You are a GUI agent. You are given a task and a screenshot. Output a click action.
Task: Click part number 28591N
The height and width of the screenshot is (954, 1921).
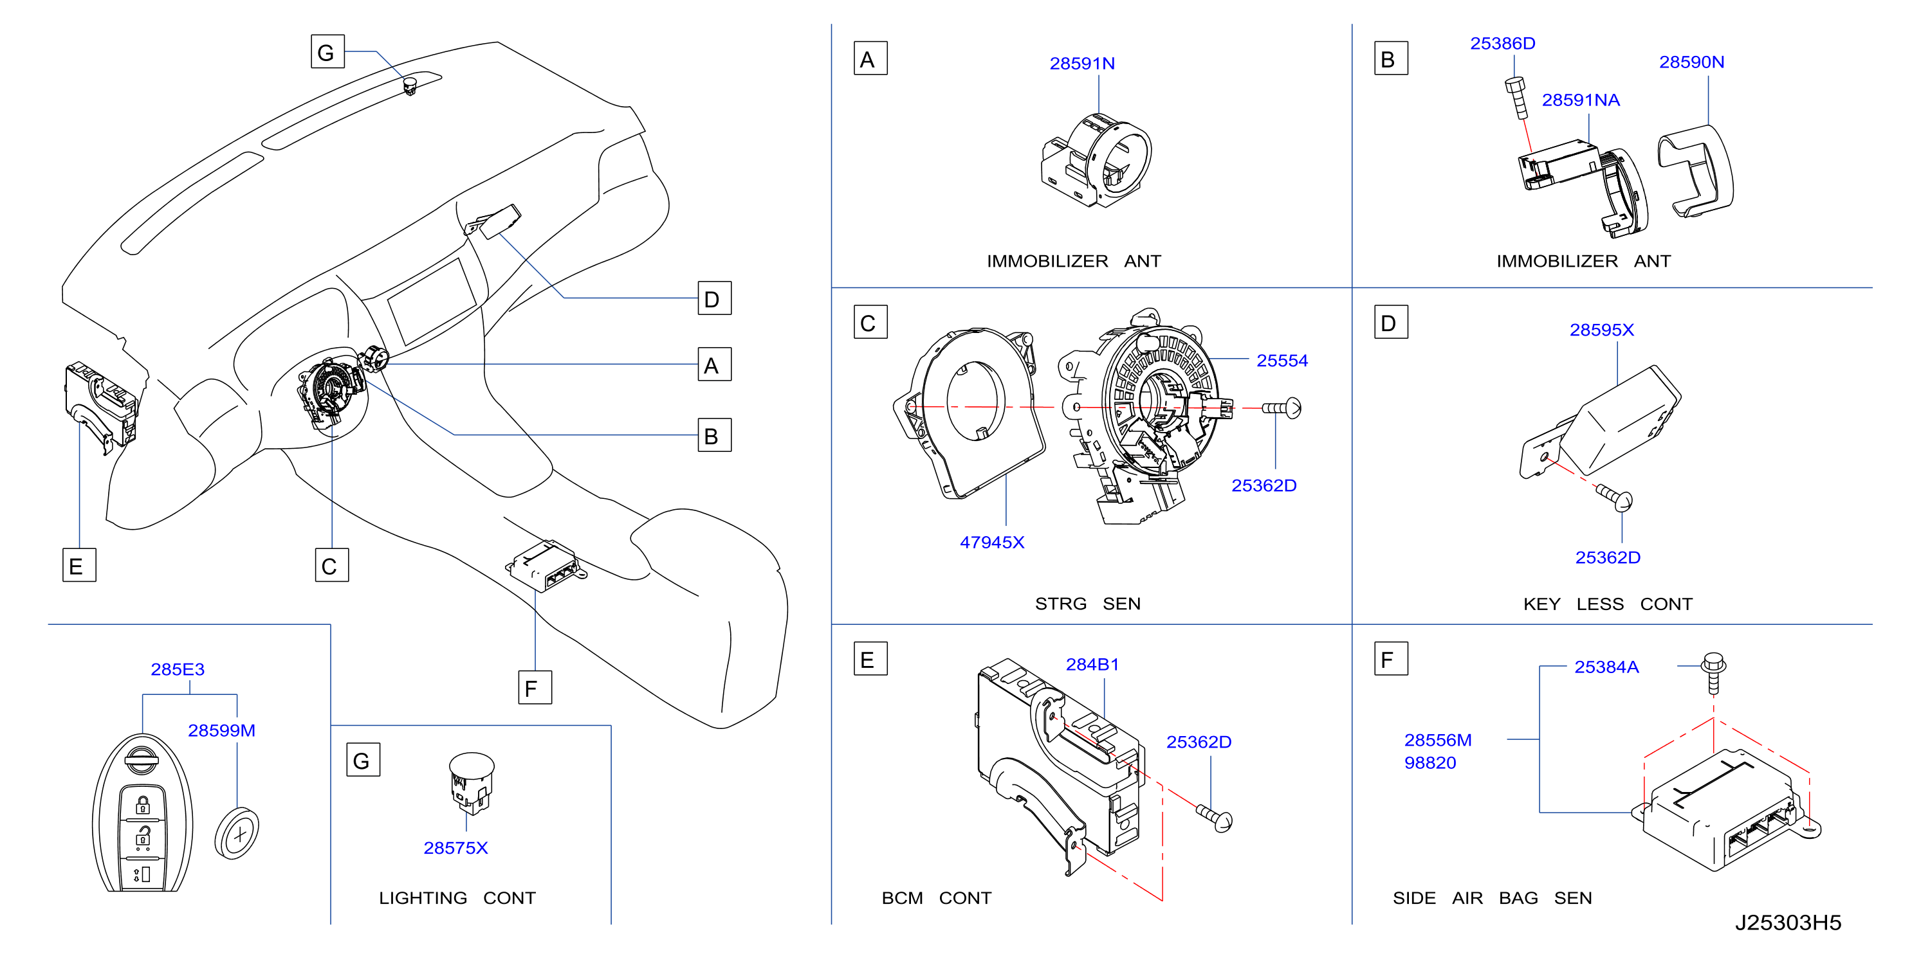(1081, 64)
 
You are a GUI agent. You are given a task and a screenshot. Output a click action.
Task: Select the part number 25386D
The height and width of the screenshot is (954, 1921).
(1502, 43)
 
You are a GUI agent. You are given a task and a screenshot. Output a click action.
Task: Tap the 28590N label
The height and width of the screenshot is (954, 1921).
(1691, 62)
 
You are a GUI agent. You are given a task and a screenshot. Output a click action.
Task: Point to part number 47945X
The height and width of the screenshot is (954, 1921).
(992, 542)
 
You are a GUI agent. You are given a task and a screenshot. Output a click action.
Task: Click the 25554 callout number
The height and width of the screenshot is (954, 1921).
(1282, 361)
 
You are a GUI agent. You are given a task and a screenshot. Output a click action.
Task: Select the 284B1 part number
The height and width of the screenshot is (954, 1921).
(1092, 664)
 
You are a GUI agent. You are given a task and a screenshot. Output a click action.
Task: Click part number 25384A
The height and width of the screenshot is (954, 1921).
(1606, 667)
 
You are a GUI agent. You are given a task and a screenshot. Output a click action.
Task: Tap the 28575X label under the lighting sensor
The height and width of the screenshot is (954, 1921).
(455, 847)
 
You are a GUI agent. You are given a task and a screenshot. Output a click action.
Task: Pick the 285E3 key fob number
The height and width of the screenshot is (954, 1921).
(178, 669)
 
